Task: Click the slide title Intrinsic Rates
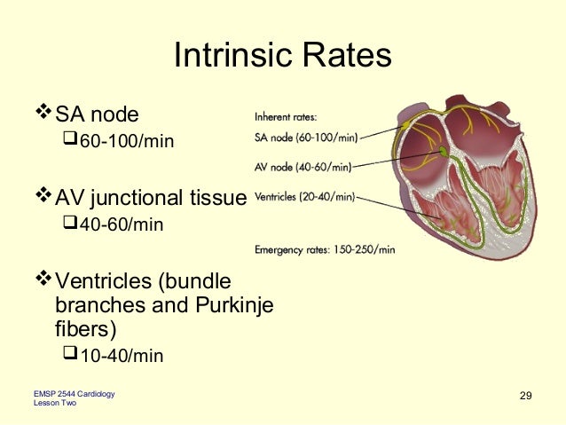(282, 56)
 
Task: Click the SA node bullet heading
(97, 114)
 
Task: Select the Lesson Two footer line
(54, 404)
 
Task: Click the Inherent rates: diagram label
(286, 116)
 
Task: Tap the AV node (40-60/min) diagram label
(303, 167)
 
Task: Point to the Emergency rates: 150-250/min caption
(325, 249)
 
